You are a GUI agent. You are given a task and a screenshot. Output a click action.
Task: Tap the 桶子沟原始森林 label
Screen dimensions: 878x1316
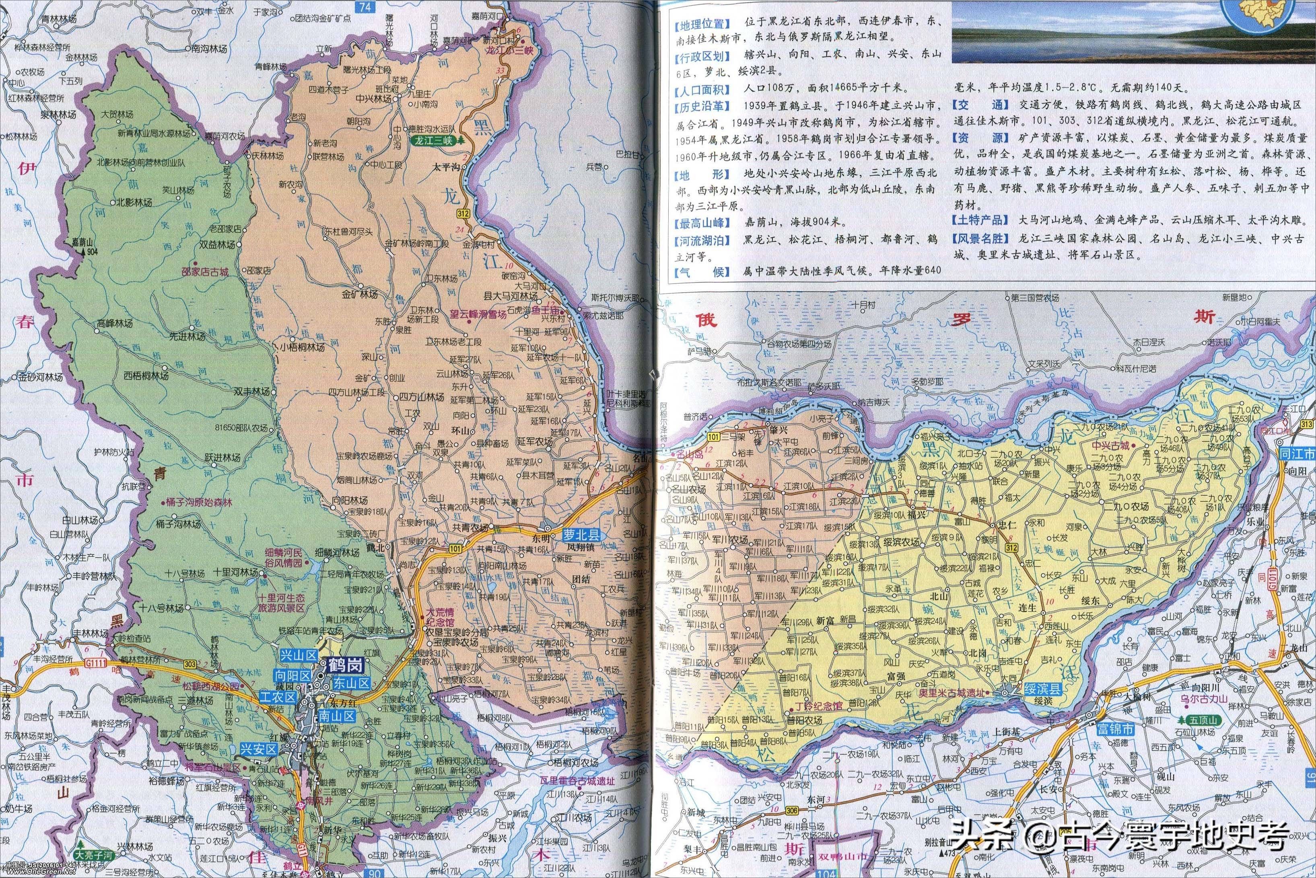pyautogui.click(x=199, y=503)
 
